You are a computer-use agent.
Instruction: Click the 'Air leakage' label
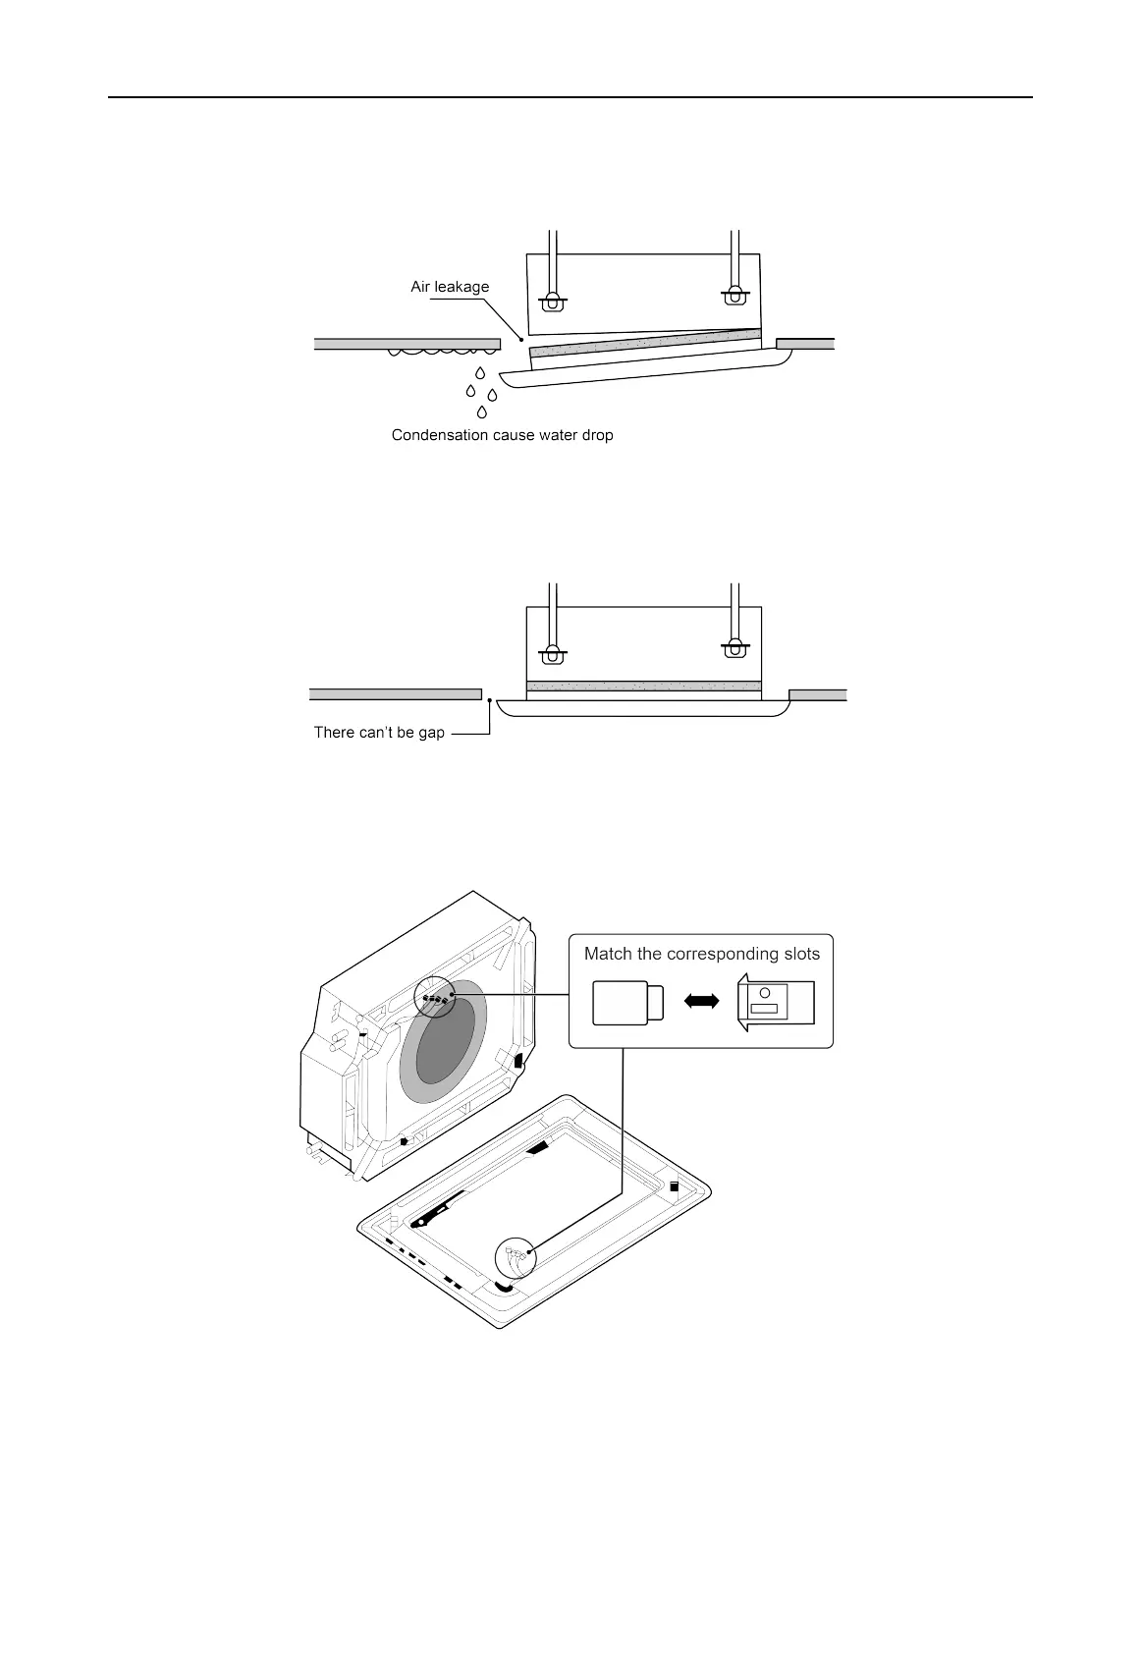click(449, 287)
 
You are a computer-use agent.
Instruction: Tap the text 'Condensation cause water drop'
click(502, 434)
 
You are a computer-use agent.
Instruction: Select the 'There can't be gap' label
click(379, 732)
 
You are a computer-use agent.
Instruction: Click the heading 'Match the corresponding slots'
click(701, 953)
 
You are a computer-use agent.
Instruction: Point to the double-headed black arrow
click(701, 1000)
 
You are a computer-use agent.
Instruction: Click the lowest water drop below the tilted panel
click(481, 412)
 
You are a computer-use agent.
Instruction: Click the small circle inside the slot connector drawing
click(765, 992)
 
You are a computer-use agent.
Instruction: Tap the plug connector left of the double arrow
click(628, 1002)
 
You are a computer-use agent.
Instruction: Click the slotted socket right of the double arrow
click(776, 1002)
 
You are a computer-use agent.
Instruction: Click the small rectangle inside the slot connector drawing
click(764, 1009)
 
